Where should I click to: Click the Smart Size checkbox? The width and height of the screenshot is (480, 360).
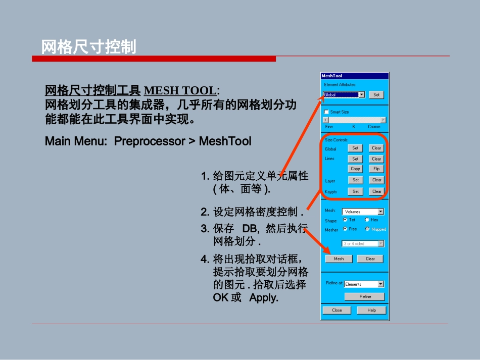(x=326, y=112)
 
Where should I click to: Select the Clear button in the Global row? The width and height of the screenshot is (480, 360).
(x=376, y=148)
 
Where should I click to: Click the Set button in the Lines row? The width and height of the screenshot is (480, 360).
(x=355, y=159)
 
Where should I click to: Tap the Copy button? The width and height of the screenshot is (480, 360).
(x=355, y=169)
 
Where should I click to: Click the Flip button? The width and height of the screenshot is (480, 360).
(x=376, y=169)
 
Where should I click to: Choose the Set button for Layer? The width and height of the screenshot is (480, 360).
(x=355, y=180)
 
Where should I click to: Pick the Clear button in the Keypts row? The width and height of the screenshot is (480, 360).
(x=376, y=191)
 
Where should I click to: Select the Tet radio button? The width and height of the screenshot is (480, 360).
(x=345, y=220)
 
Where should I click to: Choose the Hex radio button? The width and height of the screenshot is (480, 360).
(x=367, y=220)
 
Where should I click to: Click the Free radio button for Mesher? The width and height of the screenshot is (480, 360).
(x=345, y=229)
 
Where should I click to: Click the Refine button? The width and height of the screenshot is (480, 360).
(x=365, y=296)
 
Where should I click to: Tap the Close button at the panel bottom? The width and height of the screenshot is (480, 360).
(x=337, y=310)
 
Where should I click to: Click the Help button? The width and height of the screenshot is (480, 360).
(x=371, y=310)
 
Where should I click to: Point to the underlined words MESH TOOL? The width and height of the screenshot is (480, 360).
(x=180, y=91)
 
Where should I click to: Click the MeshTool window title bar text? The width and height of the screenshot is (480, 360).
(x=332, y=76)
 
